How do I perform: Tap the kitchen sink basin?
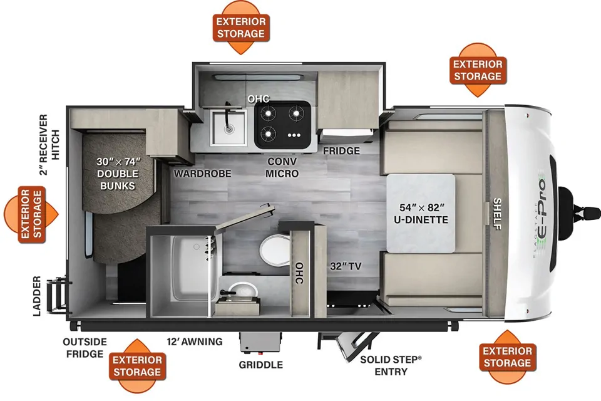229,128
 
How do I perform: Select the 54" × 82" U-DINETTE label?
421,214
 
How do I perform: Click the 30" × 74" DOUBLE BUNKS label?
118,174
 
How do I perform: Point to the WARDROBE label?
202,174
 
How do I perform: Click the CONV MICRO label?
282,167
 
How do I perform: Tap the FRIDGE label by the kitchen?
342,151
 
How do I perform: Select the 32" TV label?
346,266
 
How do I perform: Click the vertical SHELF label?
497,214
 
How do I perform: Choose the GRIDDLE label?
260,365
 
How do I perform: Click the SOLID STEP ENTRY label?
391,365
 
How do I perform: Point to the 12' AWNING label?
195,341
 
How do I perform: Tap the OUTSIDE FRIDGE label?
85,348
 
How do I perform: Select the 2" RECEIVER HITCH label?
49,144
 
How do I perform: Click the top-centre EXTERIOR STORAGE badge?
241,28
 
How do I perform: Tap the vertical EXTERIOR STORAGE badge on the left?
31,214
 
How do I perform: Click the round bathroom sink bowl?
242,291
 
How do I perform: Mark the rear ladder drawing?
58,296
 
